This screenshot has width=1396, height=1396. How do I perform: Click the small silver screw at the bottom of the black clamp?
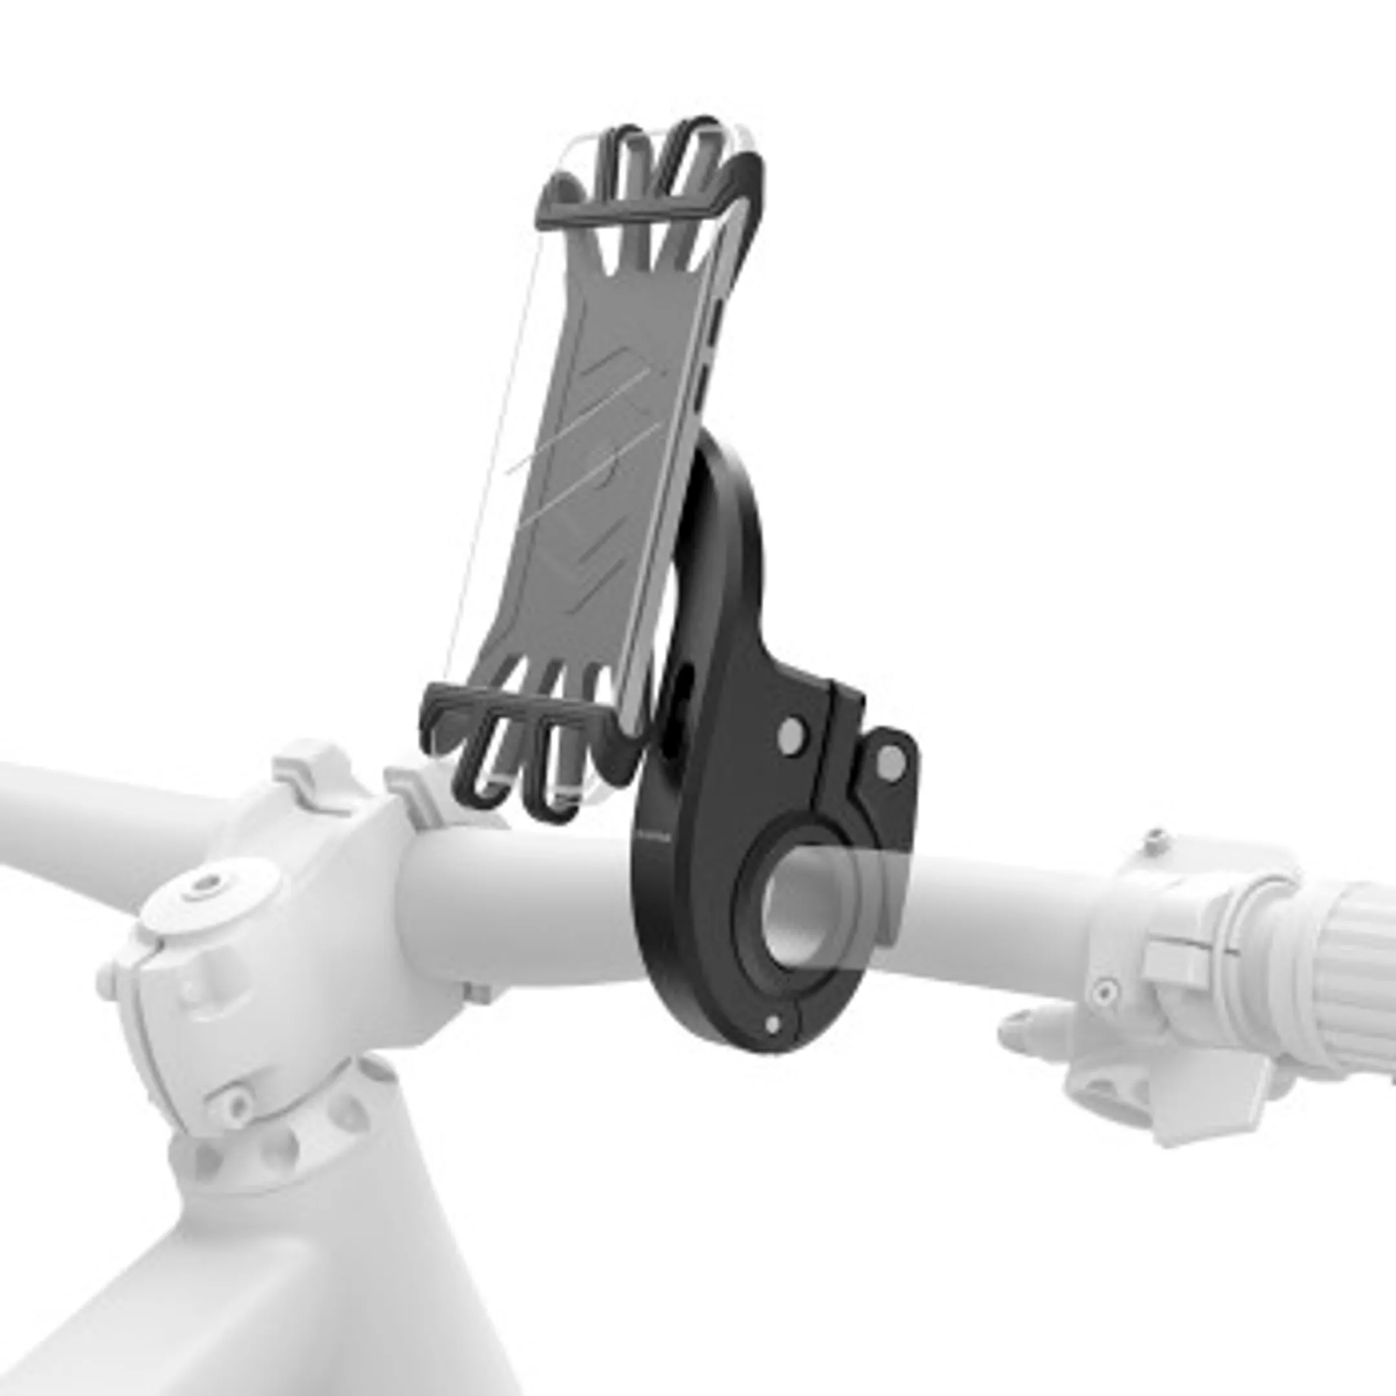click(772, 1024)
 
